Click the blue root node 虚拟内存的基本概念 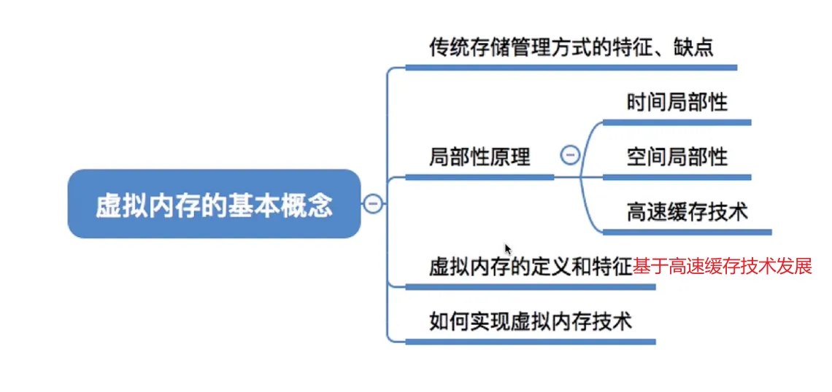click(214, 205)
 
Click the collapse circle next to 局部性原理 click(570, 155)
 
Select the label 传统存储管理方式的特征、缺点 click(571, 48)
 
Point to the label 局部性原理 click(479, 157)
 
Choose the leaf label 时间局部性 click(677, 102)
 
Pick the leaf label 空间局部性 click(677, 157)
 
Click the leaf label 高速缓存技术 click(687, 212)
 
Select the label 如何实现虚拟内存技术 click(530, 321)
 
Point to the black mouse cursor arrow click(508, 249)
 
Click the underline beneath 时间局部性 click(677, 122)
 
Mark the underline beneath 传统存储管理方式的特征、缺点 click(571, 68)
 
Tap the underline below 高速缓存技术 click(687, 232)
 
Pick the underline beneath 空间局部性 click(677, 177)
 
